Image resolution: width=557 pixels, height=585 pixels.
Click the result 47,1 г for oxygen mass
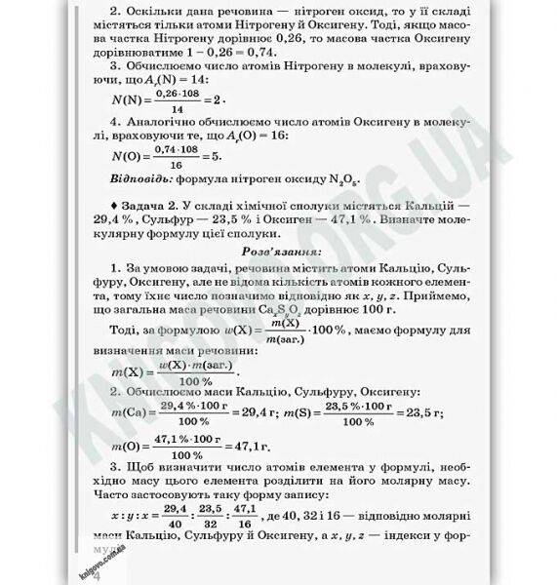tap(245, 448)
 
